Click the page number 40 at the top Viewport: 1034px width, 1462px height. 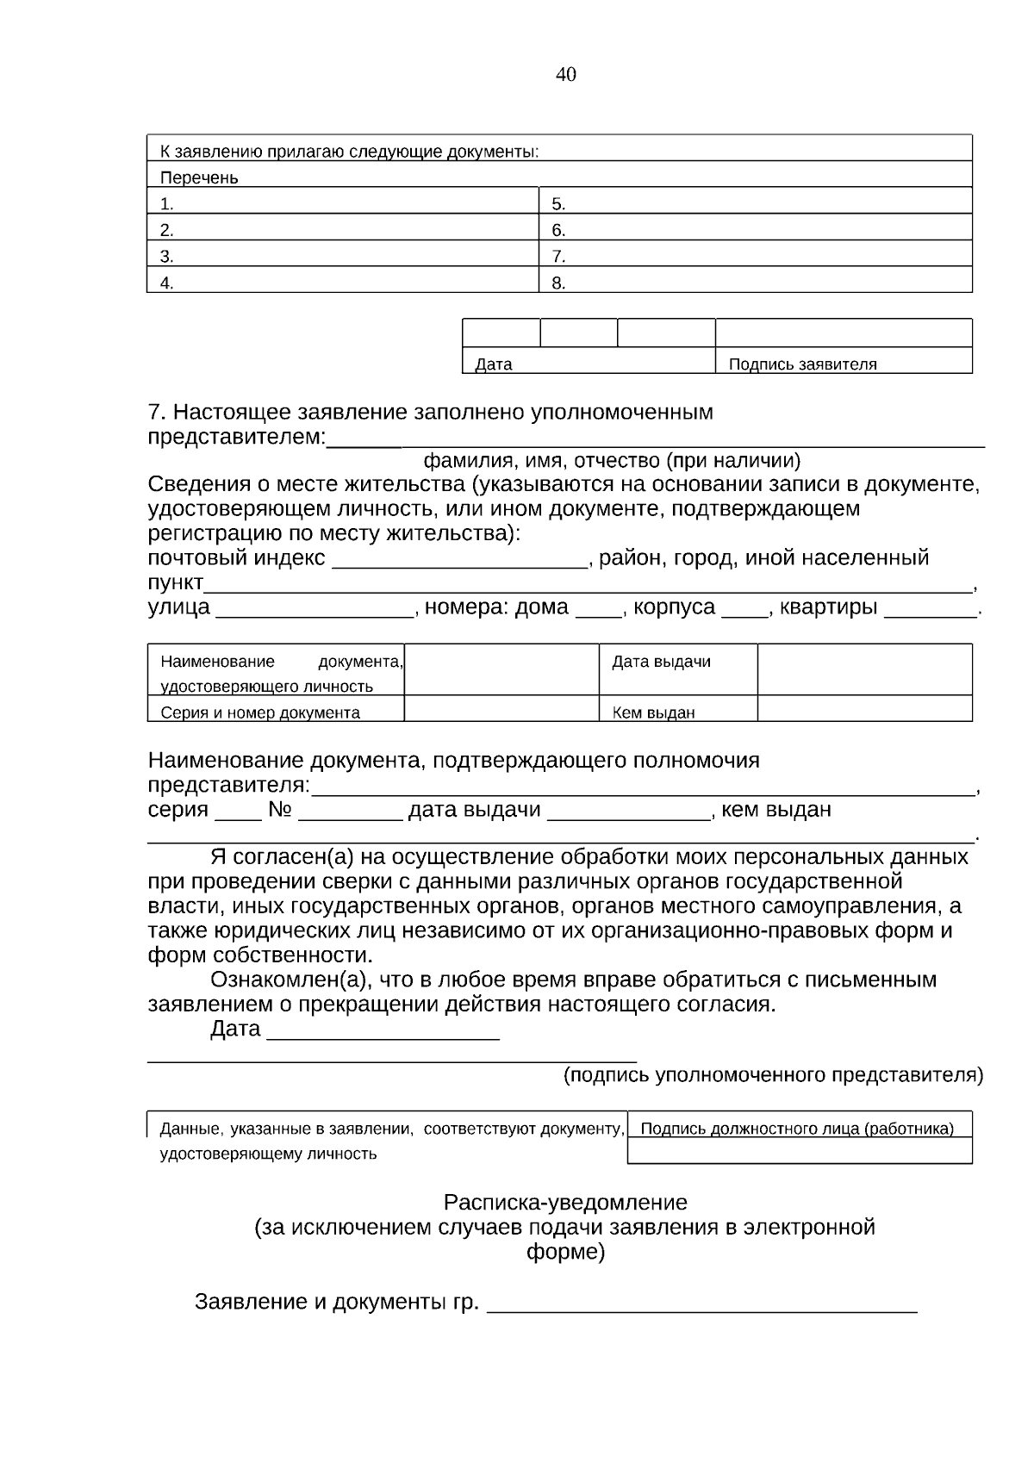tap(565, 74)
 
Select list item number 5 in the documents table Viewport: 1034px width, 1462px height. tap(558, 204)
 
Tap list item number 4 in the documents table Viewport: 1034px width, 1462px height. tap(167, 283)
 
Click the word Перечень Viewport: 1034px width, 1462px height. tap(199, 177)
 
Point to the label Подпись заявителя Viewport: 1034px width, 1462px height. tap(802, 364)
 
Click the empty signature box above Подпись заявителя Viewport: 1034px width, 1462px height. tap(844, 333)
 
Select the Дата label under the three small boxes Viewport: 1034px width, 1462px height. tap(494, 364)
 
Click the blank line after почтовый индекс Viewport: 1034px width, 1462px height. tap(458, 560)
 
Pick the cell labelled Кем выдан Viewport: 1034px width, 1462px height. tap(653, 712)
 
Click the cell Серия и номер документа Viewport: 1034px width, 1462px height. tap(260, 712)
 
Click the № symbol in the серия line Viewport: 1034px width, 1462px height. tap(280, 810)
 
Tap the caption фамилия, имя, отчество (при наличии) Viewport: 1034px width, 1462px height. tap(611, 460)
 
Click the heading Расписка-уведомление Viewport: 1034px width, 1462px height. tap(565, 1202)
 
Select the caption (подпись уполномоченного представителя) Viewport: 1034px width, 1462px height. tap(773, 1074)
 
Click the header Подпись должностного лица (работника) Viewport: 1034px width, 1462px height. tap(797, 1128)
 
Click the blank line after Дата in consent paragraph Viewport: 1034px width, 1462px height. tap(383, 1032)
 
